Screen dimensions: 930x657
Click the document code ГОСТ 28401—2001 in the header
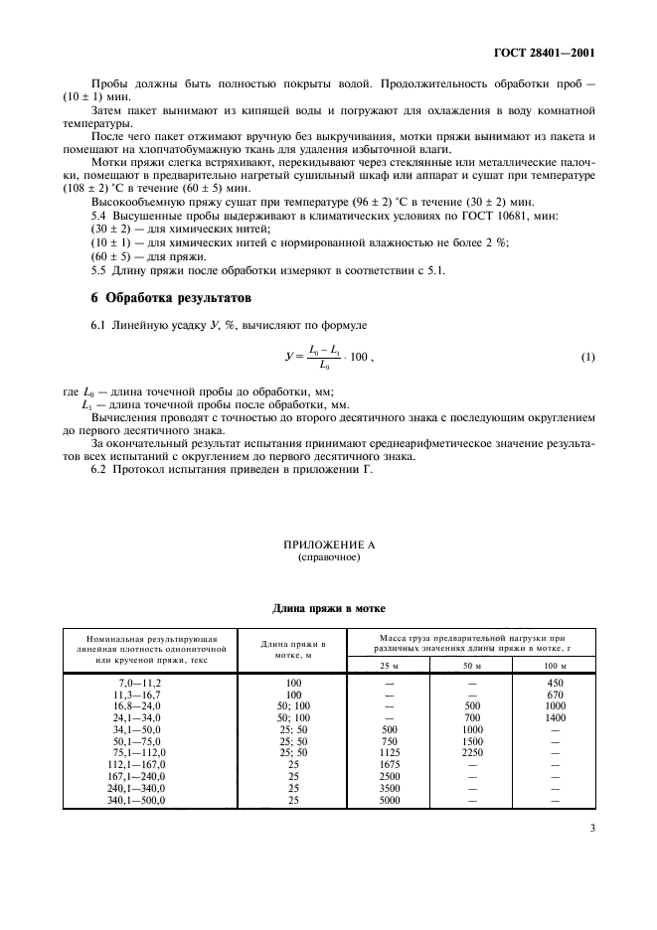coord(550,55)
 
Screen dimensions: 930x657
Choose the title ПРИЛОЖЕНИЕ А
coord(329,545)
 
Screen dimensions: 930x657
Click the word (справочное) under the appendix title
coord(329,557)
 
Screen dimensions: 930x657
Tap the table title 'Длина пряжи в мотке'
coord(329,608)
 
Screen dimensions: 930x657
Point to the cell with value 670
coord(555,694)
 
